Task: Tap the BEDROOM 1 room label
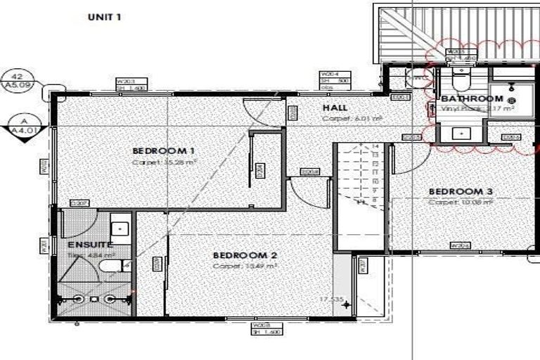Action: pos(163,151)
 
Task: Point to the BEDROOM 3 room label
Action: pos(460,191)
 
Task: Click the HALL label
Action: pos(334,108)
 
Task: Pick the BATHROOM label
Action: pos(472,99)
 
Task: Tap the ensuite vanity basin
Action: pos(120,229)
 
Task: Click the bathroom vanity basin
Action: pos(462,132)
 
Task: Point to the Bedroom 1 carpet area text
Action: pos(164,162)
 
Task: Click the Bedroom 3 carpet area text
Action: pos(460,202)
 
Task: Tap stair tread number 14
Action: pos(376,147)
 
